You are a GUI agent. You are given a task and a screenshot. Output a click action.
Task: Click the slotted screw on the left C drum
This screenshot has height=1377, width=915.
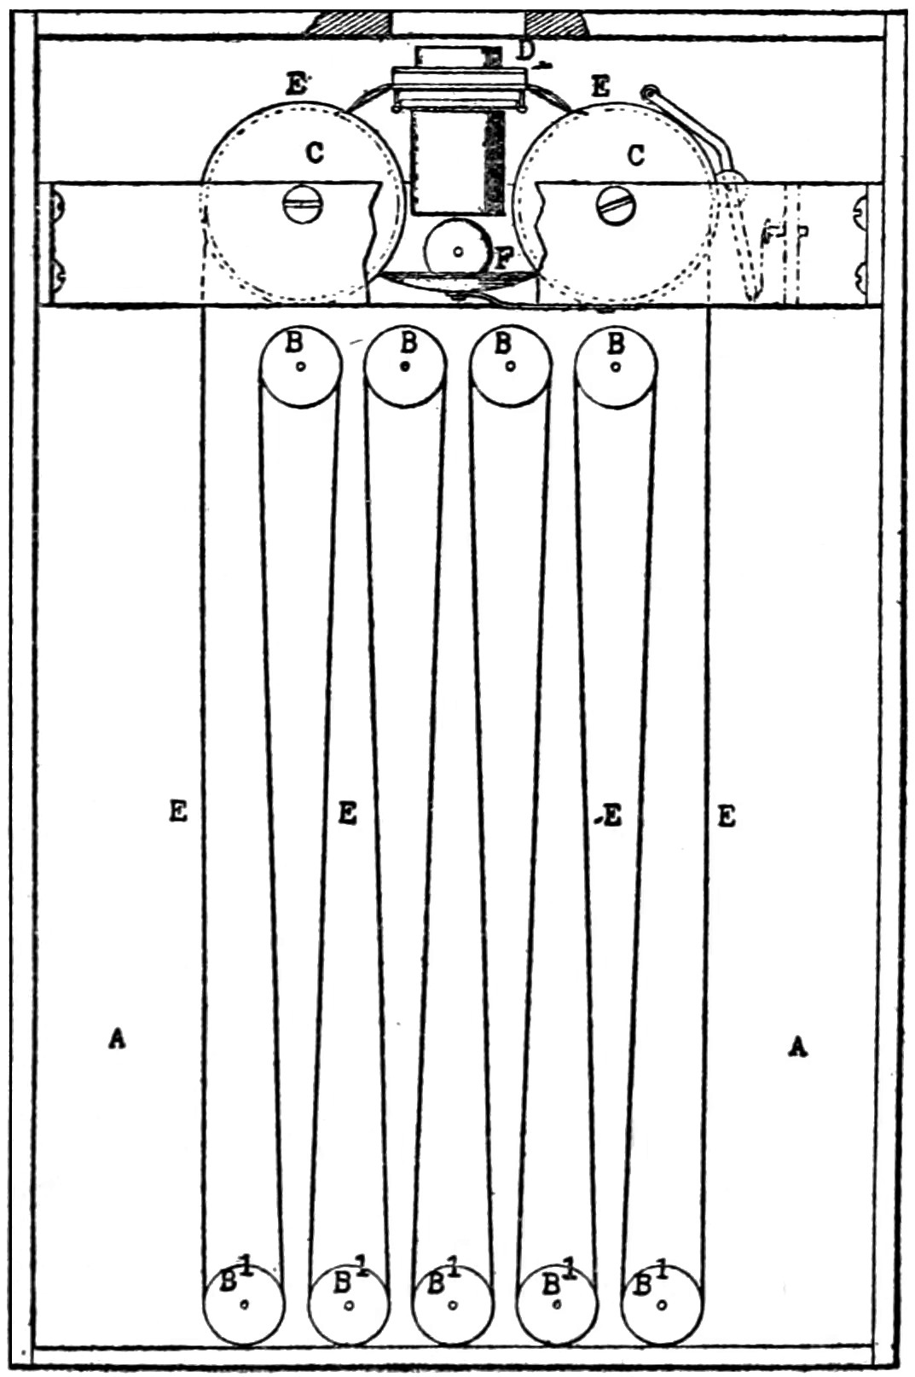pyautogui.click(x=303, y=205)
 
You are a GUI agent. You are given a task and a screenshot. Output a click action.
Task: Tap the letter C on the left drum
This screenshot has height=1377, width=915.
pyautogui.click(x=314, y=154)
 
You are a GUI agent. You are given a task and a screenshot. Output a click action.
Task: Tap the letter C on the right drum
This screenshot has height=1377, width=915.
pyautogui.click(x=636, y=155)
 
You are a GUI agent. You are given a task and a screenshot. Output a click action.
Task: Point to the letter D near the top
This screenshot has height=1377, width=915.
pyautogui.click(x=526, y=52)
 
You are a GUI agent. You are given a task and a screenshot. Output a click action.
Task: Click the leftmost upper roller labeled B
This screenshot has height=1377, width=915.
pyautogui.click(x=300, y=367)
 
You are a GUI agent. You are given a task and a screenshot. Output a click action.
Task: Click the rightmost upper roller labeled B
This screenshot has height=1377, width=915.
pyautogui.click(x=616, y=367)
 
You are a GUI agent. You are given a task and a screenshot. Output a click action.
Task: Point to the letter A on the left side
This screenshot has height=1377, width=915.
pyautogui.click(x=116, y=1039)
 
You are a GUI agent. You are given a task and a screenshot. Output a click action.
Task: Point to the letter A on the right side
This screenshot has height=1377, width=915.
pyautogui.click(x=796, y=1046)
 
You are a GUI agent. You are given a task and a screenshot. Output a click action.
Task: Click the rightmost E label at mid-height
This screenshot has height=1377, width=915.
pyautogui.click(x=727, y=817)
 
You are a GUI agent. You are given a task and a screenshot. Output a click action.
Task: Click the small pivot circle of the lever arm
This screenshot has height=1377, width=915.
pyautogui.click(x=649, y=94)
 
